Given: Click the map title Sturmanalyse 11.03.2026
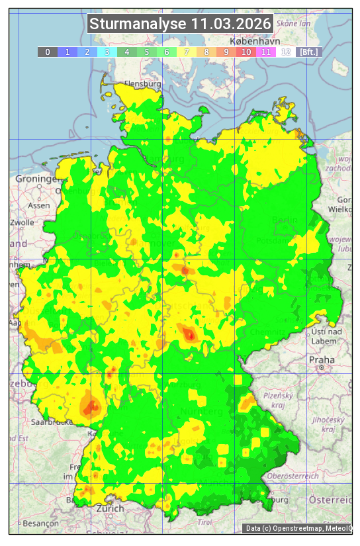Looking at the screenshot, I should coord(180,24).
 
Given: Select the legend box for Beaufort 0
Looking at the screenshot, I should coord(47,52).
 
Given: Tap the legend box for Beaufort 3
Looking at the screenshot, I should coord(107,52).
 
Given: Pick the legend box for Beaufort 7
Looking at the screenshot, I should coord(187,52).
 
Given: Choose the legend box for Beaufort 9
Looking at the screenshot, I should coord(226,52).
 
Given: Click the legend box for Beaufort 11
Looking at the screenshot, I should coord(266,52).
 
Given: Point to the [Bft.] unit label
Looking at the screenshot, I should coord(308,52).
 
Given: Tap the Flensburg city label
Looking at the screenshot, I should coord(142,85).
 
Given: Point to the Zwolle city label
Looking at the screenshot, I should coord(21,222).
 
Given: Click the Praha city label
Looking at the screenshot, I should coord(321,359).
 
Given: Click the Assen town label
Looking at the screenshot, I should coord(39,205).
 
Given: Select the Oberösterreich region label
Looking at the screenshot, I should coord(292,476).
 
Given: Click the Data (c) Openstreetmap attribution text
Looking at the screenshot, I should coord(298,528).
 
